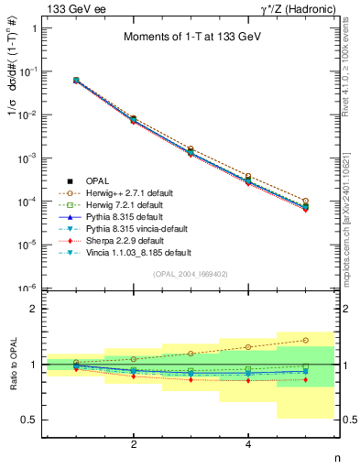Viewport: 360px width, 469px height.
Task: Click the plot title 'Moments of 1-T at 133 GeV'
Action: click(x=191, y=37)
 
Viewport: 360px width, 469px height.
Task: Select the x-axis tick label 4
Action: click(x=248, y=444)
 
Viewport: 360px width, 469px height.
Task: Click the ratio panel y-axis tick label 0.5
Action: click(x=33, y=420)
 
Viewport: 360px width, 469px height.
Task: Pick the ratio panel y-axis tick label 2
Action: click(x=37, y=309)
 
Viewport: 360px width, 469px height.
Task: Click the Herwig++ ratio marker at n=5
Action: click(x=305, y=340)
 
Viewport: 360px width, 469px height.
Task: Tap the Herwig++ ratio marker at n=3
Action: click(x=191, y=353)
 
